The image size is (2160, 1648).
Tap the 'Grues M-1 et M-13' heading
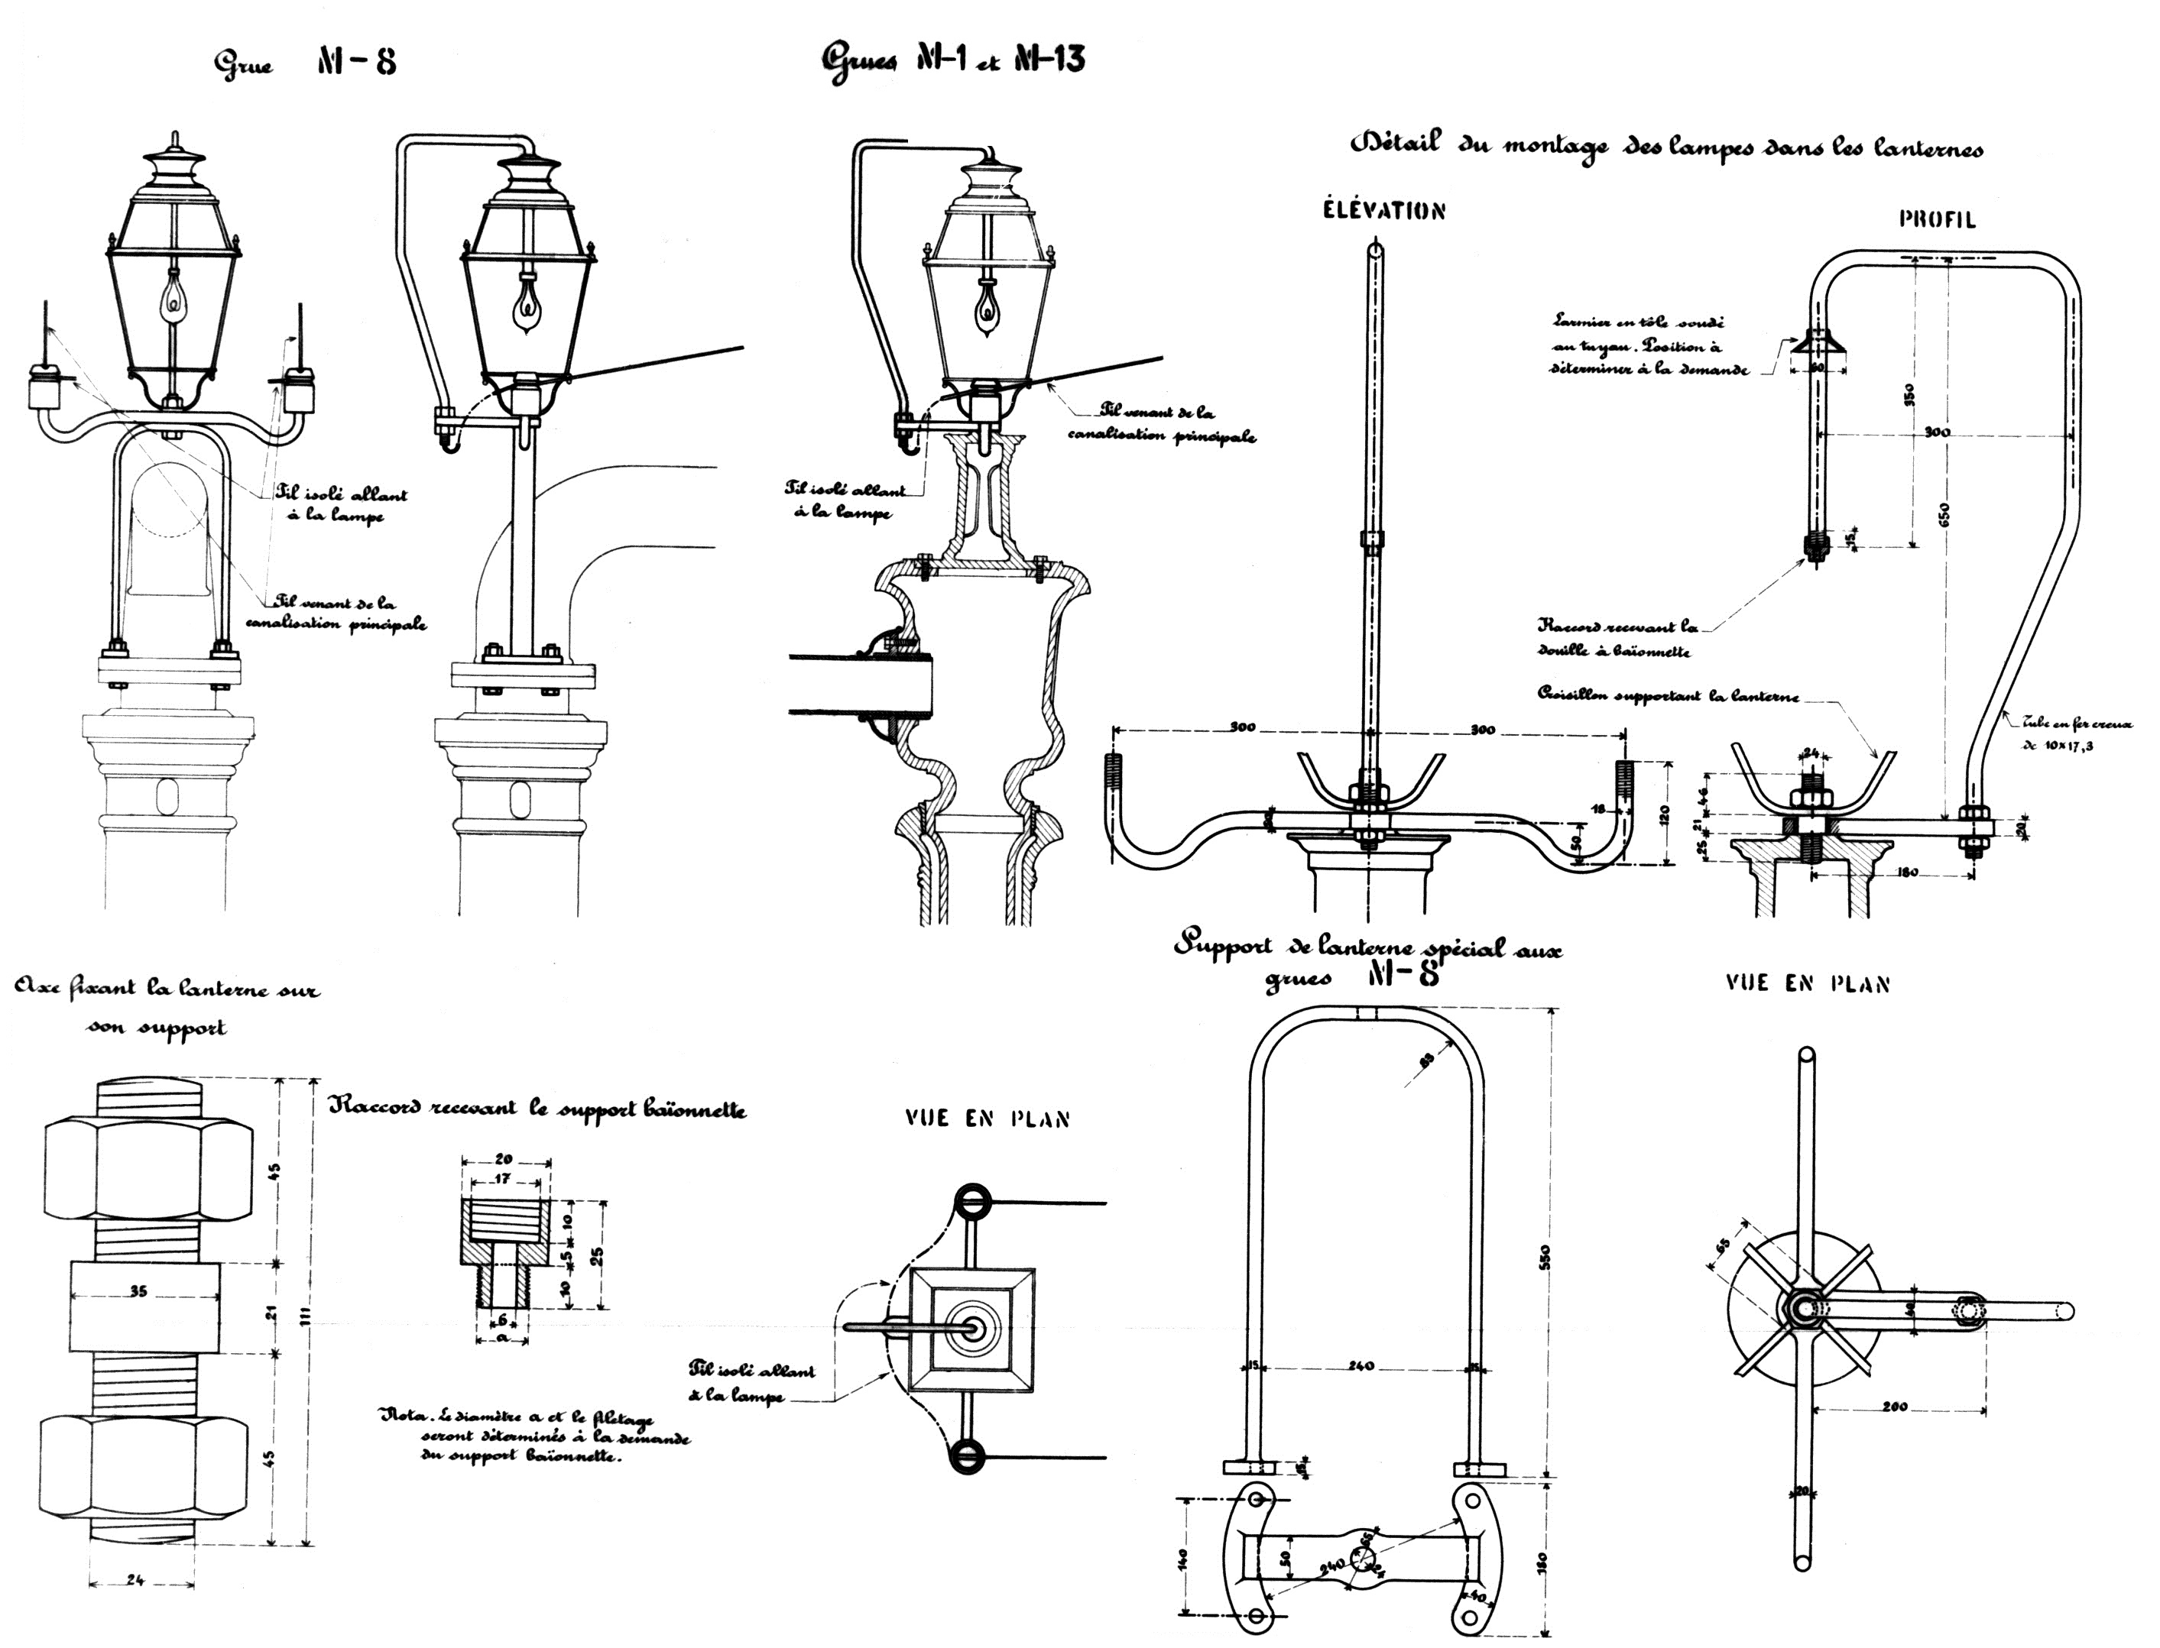coord(952,61)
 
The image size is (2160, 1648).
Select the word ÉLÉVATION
coord(1383,211)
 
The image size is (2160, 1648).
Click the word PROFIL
coord(1936,220)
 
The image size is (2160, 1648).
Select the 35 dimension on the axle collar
coord(138,1292)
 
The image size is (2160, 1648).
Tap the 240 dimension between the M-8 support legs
coord(1361,1367)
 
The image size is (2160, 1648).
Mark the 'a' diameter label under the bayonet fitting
coord(501,1336)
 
